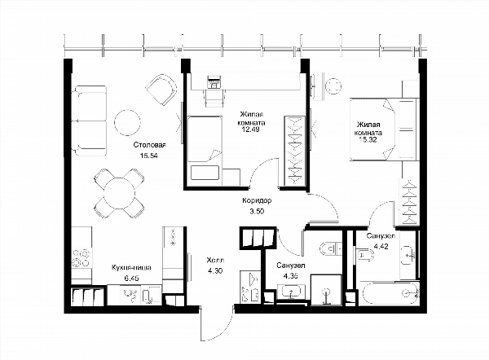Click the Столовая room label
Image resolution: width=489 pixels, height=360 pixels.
[x=149, y=145]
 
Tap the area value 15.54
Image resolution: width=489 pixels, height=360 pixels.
[x=149, y=156]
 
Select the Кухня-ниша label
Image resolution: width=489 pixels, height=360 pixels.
[x=131, y=268]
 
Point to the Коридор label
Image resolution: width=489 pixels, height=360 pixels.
[x=257, y=200]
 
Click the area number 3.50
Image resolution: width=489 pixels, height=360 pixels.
[x=257, y=211]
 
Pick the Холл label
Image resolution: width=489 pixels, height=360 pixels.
[x=215, y=261]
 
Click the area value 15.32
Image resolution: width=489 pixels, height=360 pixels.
[x=368, y=139]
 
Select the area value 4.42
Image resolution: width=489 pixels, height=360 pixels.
[x=381, y=246]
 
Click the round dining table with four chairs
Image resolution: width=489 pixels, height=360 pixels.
[x=120, y=193]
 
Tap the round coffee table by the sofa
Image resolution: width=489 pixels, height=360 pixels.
[x=127, y=122]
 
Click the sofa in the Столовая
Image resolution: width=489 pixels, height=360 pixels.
[x=89, y=121]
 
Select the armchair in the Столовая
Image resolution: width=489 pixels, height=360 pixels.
[x=161, y=90]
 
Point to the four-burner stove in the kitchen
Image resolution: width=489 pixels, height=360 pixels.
[x=81, y=258]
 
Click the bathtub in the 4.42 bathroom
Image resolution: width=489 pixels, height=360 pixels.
[x=390, y=293]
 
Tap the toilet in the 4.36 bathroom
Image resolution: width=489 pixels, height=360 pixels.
[x=330, y=249]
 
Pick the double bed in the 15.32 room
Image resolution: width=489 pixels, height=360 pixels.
[x=383, y=130]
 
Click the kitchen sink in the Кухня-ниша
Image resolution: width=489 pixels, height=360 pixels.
[x=130, y=295]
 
